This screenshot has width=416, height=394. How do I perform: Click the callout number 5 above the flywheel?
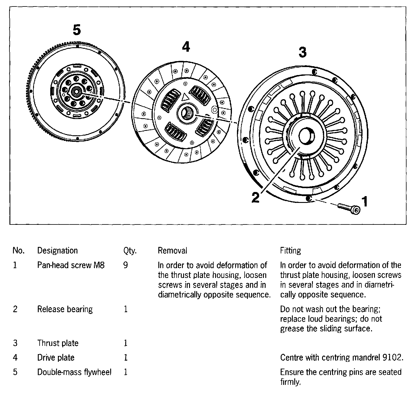pos(77,30)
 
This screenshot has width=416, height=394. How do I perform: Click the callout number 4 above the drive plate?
pos(186,47)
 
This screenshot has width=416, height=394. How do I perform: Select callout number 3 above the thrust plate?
pos(303,52)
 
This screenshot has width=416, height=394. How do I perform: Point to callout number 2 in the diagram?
pos(256,197)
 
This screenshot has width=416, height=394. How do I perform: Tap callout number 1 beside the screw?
pos(365,201)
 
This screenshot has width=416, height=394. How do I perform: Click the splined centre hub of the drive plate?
pos(187,113)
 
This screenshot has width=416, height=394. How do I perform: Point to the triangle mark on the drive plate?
pos(185,96)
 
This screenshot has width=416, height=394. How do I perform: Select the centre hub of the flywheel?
pos(77,91)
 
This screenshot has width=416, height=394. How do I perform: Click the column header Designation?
pos(57,250)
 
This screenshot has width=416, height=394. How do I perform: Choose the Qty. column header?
pos(130,251)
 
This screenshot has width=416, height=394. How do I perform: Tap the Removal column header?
pos(172,250)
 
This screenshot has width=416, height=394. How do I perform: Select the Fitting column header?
pos(290,250)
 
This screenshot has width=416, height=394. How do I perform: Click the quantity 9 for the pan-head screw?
pos(126,265)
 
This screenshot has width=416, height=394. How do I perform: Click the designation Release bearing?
pos(65,309)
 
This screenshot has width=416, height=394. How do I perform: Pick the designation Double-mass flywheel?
pos(74,372)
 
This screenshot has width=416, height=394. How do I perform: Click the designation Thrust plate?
pos(58,343)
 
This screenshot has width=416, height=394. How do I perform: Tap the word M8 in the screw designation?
pos(99,265)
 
